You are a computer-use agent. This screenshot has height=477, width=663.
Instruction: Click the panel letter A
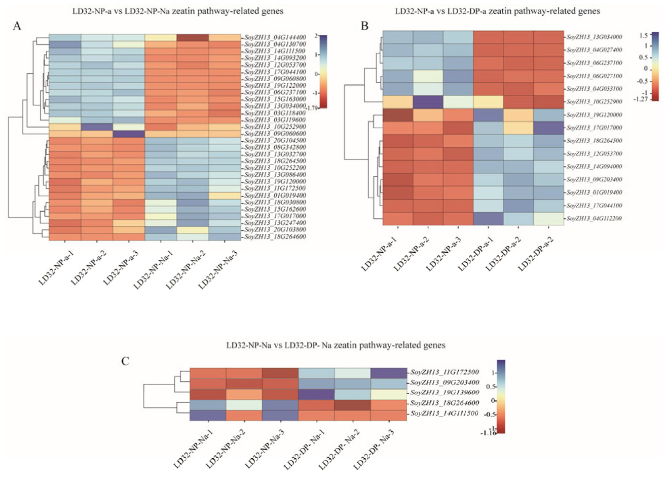(17, 26)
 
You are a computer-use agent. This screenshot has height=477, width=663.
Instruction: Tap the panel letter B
(365, 26)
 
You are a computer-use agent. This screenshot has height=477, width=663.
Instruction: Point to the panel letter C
(125, 361)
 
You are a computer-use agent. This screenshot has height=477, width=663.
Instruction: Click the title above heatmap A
(178, 11)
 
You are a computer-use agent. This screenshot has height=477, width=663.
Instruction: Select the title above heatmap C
(336, 345)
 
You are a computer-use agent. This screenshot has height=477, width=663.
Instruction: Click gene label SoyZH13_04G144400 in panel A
(275, 38)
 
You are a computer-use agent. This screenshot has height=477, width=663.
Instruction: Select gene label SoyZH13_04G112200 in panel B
(594, 218)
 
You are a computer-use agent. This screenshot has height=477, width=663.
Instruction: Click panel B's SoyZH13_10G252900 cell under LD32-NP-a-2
(428, 102)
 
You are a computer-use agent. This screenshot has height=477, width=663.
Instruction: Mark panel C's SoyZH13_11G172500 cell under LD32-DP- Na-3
(389, 372)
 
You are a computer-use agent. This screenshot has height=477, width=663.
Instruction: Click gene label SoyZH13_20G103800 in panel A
(275, 230)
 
